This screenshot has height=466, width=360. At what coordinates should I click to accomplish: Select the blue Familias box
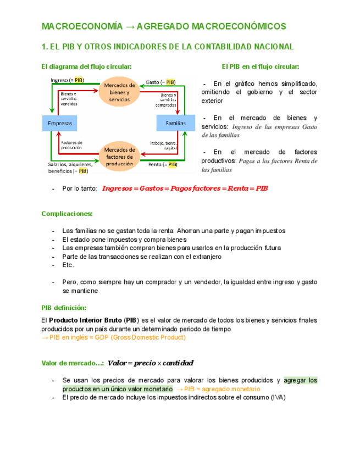pos(175,123)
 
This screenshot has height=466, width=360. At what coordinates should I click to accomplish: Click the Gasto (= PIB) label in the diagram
pos(160,82)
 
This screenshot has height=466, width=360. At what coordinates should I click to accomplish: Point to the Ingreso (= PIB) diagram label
pos(67,80)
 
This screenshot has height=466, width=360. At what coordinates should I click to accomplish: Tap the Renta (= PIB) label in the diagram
pos(163,164)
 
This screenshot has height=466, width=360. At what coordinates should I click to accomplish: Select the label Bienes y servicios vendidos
pos(69,98)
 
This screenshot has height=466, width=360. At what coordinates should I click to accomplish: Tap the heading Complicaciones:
pos(67,213)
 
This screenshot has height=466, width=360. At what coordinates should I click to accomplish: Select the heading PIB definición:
pos(64,308)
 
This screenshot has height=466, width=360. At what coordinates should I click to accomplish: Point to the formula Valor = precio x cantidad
pos(151,363)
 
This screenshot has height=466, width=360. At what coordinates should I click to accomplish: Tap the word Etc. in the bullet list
pos(68,265)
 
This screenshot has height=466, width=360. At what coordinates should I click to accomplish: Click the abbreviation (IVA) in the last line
pos(278,398)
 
